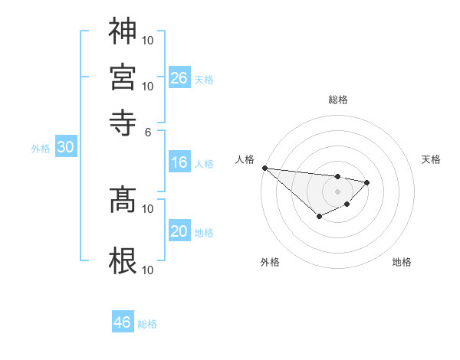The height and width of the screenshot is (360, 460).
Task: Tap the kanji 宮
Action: pyautogui.click(x=123, y=77)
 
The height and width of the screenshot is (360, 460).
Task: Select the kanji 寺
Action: pyautogui.click(x=123, y=120)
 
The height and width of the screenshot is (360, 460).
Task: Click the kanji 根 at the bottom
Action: pyautogui.click(x=123, y=260)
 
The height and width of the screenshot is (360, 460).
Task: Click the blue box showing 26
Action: pyautogui.click(x=179, y=77)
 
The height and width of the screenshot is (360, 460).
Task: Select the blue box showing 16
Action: pyautogui.click(x=179, y=162)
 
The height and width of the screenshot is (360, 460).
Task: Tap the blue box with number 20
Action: pyautogui.click(x=179, y=231)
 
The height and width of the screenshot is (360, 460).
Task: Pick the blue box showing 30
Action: pyautogui.click(x=65, y=148)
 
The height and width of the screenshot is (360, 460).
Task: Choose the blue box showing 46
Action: pyautogui.click(x=123, y=322)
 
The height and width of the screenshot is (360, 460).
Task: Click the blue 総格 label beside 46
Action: pyautogui.click(x=148, y=324)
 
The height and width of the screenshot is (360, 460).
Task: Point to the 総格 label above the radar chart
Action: pyautogui.click(x=337, y=100)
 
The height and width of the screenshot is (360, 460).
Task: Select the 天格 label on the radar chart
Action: pyautogui.click(x=431, y=159)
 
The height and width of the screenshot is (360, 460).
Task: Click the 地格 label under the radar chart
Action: pyautogui.click(x=402, y=262)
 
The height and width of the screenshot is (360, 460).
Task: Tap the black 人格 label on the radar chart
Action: pyautogui.click(x=245, y=159)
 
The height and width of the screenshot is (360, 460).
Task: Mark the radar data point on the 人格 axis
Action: pyautogui.click(x=264, y=168)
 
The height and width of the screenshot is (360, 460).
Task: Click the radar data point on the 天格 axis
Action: pyautogui.click(x=367, y=182)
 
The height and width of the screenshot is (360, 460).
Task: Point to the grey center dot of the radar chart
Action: pyautogui.click(x=337, y=191)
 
